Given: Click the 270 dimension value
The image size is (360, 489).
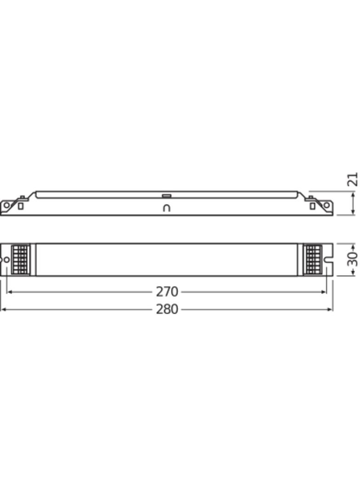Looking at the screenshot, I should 167,292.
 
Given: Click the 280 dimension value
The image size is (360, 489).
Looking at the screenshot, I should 167,309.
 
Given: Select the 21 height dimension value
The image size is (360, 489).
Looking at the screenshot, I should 352,179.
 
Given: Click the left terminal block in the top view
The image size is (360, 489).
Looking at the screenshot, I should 21,260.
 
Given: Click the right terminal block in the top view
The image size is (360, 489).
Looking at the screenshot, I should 313,260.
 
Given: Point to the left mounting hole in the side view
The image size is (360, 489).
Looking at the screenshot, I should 6,206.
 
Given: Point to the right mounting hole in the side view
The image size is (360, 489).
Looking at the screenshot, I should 326,205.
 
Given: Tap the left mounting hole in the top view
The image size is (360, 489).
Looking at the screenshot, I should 6,260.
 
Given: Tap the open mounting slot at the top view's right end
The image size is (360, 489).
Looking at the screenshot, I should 329,260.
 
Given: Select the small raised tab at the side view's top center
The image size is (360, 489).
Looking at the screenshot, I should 167,196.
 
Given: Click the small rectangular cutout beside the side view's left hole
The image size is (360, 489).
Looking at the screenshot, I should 20,206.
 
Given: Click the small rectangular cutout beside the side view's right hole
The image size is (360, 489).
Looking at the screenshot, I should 313,206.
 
